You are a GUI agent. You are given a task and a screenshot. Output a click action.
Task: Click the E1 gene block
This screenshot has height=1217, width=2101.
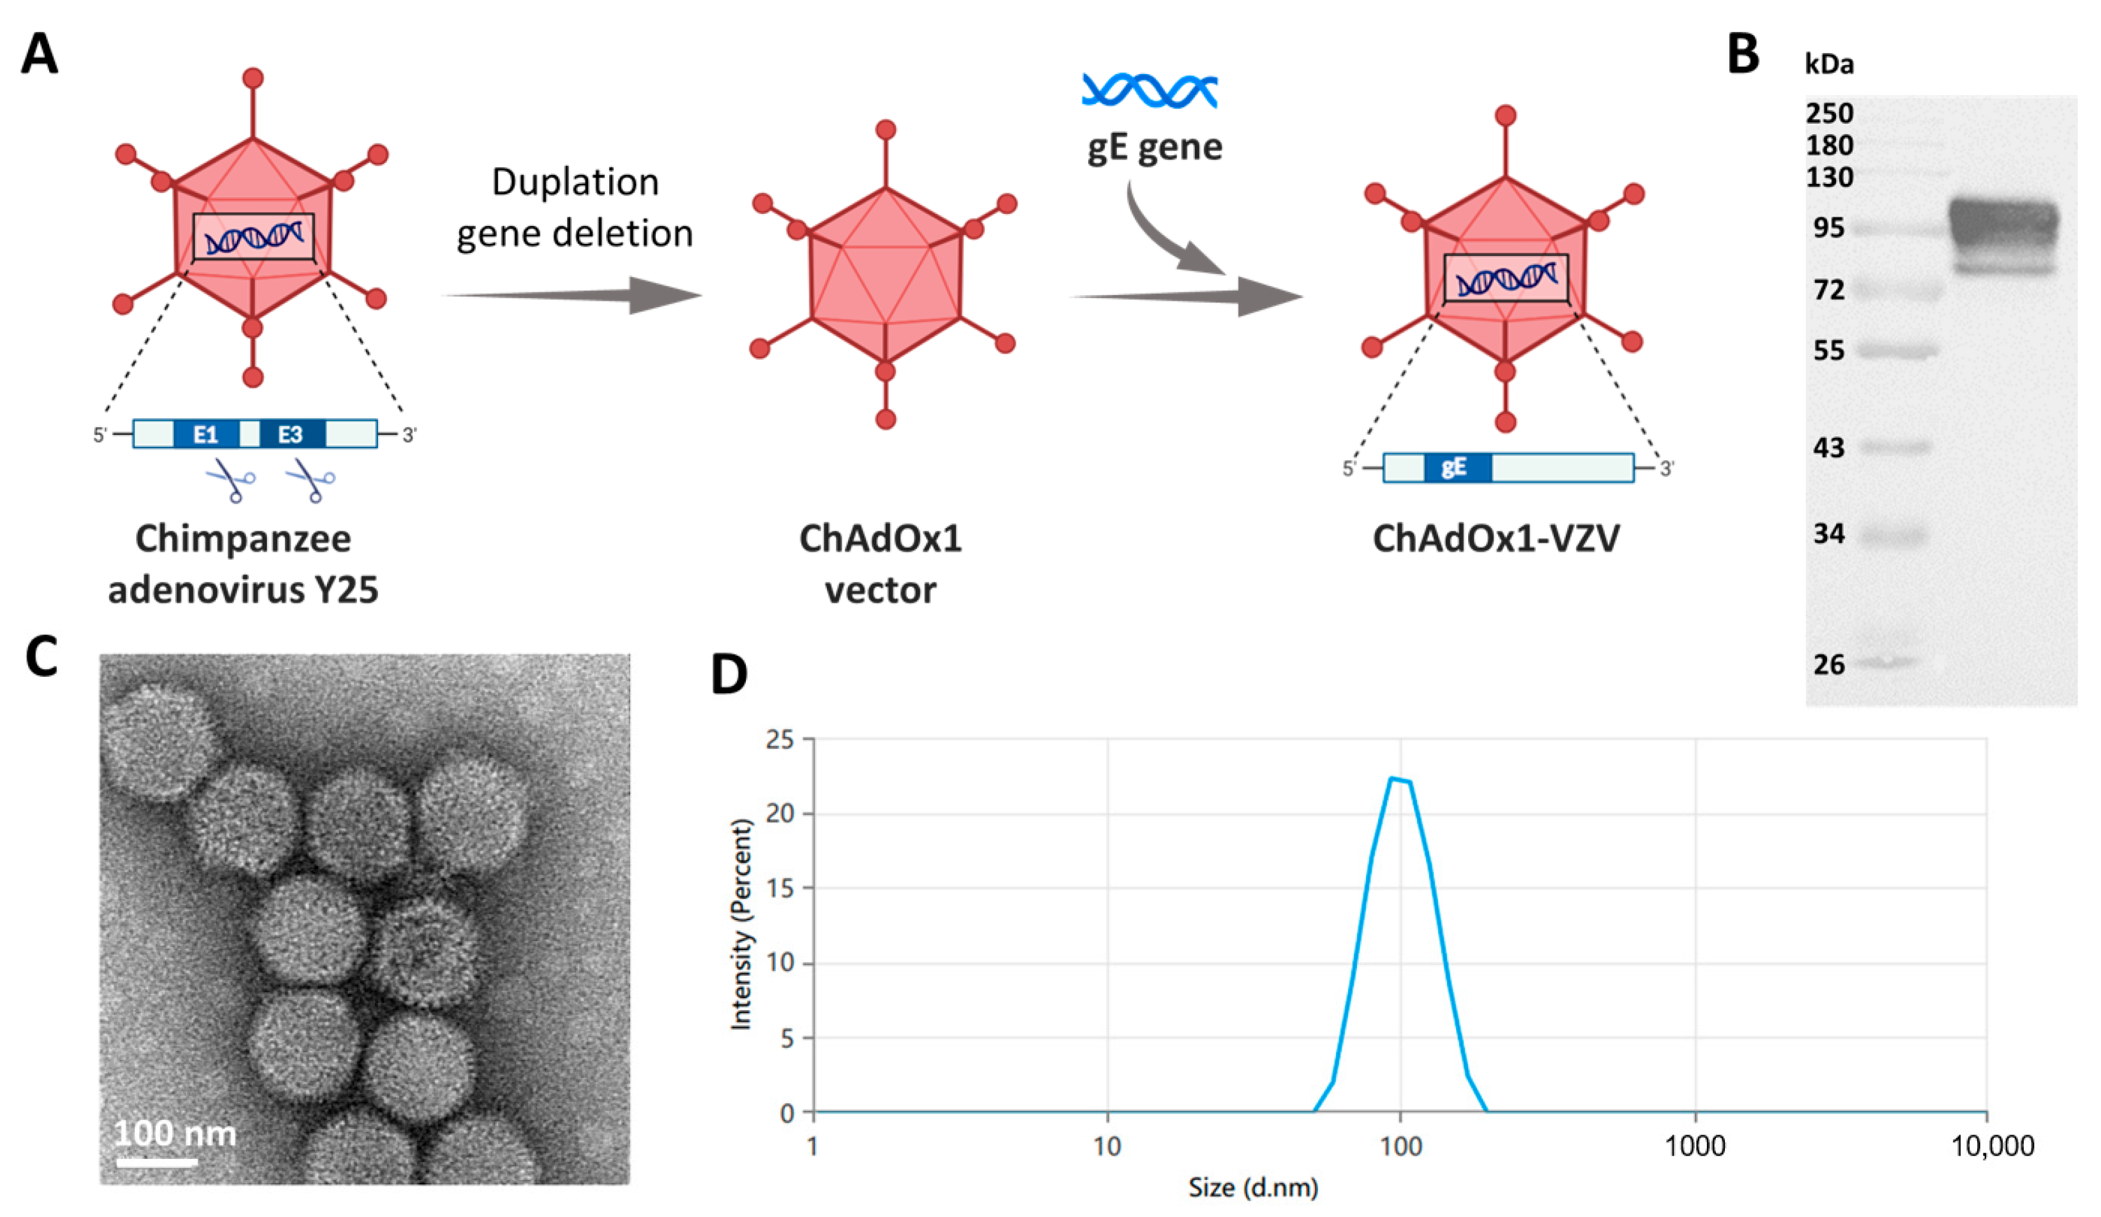click(x=206, y=434)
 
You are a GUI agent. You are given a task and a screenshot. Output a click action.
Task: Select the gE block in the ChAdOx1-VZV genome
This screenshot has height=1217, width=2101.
click(x=1456, y=467)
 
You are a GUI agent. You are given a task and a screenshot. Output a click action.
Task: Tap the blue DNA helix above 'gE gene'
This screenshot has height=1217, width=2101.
click(x=1149, y=91)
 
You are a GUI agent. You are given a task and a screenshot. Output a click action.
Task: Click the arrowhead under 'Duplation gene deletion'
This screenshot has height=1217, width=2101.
click(x=663, y=295)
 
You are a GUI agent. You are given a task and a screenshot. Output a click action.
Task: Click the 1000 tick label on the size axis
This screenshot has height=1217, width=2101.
click(x=1694, y=1146)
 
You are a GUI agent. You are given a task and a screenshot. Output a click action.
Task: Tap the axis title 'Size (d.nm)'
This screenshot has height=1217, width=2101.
click(x=1253, y=1187)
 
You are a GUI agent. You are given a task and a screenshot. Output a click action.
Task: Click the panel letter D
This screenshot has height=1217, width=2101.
click(x=729, y=674)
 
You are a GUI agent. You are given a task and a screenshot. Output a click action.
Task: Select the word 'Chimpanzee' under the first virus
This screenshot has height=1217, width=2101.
click(x=243, y=538)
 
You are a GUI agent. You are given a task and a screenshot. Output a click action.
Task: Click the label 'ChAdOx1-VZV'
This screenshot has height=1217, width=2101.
click(x=1496, y=538)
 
